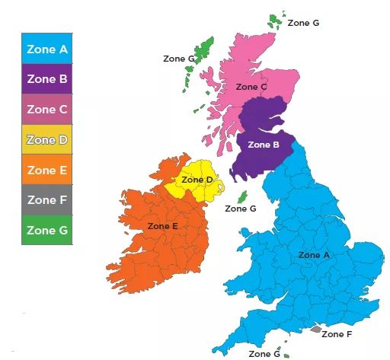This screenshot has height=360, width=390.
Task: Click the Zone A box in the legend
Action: [47, 49]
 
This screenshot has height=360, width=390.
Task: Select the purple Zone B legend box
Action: [47, 79]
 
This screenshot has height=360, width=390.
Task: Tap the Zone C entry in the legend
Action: [47, 110]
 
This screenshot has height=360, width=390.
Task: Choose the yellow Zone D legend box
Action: [47, 140]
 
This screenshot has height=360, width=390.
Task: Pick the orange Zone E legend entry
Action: [47, 170]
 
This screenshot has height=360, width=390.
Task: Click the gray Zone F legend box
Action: [47, 200]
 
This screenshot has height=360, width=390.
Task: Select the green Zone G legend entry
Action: [47, 230]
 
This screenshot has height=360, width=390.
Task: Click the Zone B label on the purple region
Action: [264, 144]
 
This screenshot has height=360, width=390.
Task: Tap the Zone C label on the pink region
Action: [251, 87]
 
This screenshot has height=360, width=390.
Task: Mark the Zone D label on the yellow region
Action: [199, 180]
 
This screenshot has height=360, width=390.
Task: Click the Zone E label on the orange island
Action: [162, 226]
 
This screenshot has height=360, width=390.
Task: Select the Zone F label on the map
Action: [337, 333]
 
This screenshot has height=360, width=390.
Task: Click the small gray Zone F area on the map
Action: [315, 330]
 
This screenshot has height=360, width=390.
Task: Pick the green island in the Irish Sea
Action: [243, 196]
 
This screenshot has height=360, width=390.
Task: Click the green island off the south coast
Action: [285, 353]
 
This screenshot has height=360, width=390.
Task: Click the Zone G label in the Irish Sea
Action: [241, 209]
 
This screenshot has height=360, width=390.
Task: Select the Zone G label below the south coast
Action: [264, 354]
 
